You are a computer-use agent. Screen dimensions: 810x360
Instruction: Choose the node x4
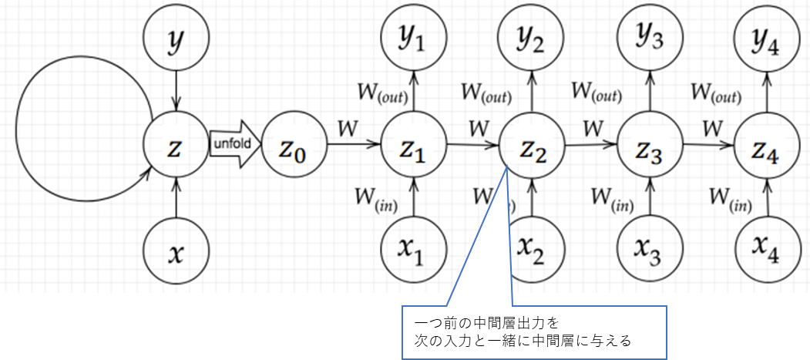(x=767, y=247)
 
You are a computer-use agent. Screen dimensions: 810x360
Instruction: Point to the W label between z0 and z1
(x=347, y=129)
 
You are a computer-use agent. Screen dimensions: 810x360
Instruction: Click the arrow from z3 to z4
(x=709, y=145)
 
